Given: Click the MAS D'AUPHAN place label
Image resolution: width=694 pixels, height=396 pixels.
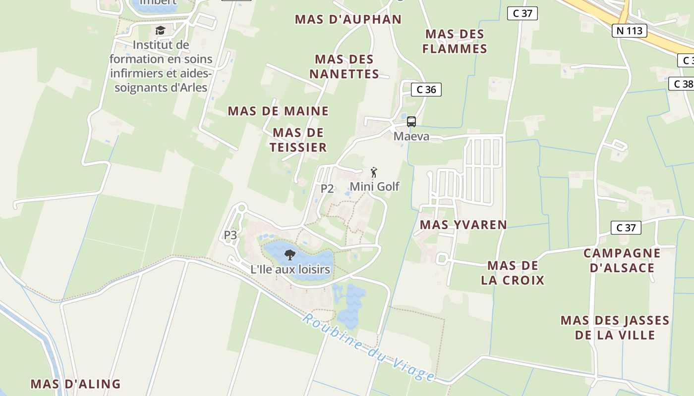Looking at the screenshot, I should (x=348, y=19).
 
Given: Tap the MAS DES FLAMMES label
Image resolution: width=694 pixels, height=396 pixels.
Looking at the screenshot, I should (x=456, y=42).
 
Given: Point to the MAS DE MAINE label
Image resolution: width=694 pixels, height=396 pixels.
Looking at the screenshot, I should (x=278, y=111).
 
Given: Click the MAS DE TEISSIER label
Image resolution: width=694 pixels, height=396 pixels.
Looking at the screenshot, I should (x=298, y=140).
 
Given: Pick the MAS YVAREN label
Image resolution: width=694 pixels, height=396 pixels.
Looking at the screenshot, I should (x=463, y=225).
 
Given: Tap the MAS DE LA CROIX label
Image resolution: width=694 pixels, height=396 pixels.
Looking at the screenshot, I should (x=513, y=273).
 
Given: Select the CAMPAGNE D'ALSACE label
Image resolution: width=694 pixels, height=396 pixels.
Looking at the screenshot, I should (x=622, y=260).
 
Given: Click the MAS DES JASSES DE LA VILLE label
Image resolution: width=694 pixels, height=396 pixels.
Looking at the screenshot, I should (x=615, y=328).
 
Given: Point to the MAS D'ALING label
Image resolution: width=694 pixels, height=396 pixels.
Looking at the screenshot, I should (x=75, y=384).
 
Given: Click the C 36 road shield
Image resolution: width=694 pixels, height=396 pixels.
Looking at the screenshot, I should (x=426, y=90).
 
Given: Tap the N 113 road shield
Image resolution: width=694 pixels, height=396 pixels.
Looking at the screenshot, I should (x=630, y=31).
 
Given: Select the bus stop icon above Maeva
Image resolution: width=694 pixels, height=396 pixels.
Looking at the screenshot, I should (x=411, y=122).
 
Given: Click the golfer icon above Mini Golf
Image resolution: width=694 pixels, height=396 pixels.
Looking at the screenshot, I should (x=374, y=173).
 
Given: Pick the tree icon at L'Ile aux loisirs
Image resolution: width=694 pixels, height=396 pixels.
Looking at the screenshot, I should (x=290, y=255).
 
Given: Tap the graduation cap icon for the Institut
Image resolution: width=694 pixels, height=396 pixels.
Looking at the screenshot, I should (x=160, y=31).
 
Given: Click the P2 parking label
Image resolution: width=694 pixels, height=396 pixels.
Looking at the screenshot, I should (x=327, y=188).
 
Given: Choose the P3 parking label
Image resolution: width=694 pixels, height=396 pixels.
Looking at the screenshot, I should (x=231, y=235).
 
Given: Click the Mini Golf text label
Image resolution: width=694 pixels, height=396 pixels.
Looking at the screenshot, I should (x=374, y=187).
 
